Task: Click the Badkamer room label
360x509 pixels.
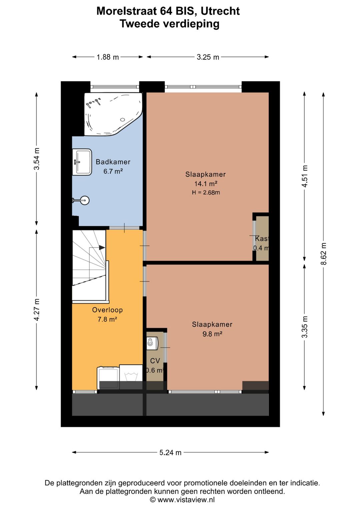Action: coord(113,162)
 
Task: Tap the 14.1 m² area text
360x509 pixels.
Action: coord(206,183)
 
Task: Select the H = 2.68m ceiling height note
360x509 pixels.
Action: coord(206,192)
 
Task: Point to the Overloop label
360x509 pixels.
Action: coord(107,310)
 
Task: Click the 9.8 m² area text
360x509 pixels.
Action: coord(212,334)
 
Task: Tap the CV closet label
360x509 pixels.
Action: coord(155,361)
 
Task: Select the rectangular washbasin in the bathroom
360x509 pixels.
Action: coord(82,162)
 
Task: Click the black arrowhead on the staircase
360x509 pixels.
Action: coord(102,247)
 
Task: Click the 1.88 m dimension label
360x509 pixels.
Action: coord(108,57)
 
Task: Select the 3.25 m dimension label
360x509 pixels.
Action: coord(208,57)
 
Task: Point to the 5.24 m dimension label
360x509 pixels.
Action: coord(170,452)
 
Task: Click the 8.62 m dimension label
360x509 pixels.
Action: coord(323,253)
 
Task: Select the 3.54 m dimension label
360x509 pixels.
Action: coord(36,159)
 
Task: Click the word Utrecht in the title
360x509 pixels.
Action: coord(220,11)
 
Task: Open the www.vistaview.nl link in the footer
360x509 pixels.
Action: coord(186,500)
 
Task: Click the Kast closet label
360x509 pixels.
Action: coord(262,238)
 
